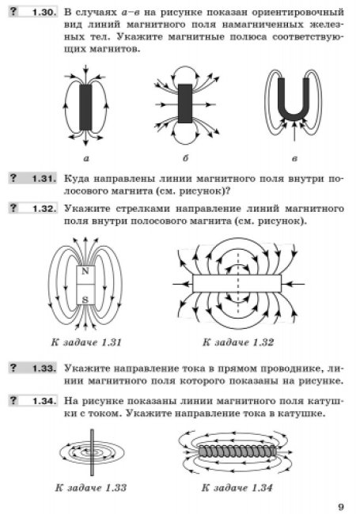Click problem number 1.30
point(44,13)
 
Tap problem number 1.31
point(44,179)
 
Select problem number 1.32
point(44,209)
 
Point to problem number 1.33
point(44,368)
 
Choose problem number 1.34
point(44,401)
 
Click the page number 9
point(341,507)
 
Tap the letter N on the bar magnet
point(85,271)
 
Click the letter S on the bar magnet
point(85,300)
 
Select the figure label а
point(86,159)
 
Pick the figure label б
point(186,158)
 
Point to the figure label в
point(294,159)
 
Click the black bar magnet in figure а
point(86,108)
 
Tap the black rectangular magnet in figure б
point(185,104)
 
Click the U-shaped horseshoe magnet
point(294,116)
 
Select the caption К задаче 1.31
point(86,342)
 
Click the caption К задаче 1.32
point(238,342)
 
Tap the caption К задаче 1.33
point(91,487)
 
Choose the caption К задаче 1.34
point(237,487)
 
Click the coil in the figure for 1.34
point(237,452)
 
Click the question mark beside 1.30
point(13,12)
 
